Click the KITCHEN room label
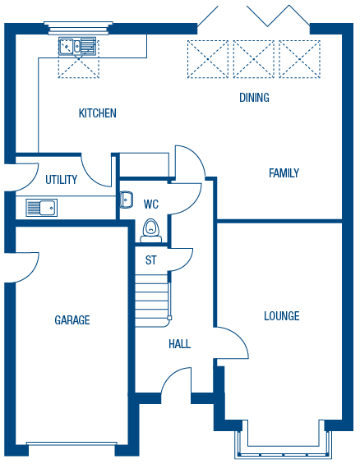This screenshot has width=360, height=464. [x=97, y=113]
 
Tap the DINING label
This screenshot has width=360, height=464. [x=254, y=98]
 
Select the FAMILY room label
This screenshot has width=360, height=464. [x=284, y=173]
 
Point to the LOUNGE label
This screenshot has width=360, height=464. [x=282, y=316]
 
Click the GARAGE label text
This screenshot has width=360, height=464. [x=72, y=320]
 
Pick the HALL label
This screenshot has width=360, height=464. [x=179, y=344]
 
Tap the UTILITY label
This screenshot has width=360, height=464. [x=62, y=180]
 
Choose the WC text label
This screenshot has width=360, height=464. [x=151, y=204]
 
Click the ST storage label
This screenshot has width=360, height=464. [x=150, y=260]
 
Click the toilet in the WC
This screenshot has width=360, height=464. [x=150, y=231]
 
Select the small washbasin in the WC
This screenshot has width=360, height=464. [x=127, y=200]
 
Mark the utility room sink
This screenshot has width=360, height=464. [x=41, y=208]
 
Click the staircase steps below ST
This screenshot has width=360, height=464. [x=152, y=296]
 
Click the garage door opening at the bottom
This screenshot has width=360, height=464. [x=72, y=448]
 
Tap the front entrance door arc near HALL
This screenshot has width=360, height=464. [x=177, y=381]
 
